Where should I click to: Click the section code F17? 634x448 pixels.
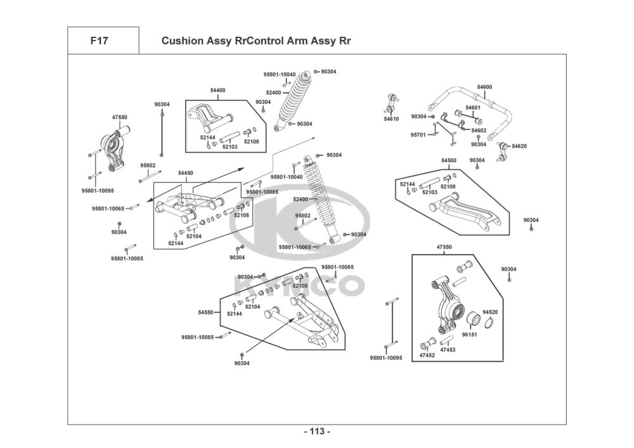pos(99,41)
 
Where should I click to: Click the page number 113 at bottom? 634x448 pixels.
pos(317,432)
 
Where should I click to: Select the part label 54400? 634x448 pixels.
pos(217,91)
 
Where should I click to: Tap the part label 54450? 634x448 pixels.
pos(186,172)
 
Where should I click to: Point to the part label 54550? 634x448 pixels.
pos(205,312)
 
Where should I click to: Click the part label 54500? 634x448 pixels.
pos(449,161)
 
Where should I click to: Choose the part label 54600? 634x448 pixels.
pos(484,87)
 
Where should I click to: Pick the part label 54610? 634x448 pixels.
pos(391,118)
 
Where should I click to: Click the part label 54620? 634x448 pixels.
pos(519,146)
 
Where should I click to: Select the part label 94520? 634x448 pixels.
pos(490,312)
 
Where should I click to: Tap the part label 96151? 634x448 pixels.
pos(469,334)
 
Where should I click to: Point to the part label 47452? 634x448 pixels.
pos(427,355)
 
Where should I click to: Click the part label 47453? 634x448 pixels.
pos(448,350)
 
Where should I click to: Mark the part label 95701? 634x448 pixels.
pos(418,134)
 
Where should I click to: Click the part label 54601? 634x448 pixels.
pos(473,108)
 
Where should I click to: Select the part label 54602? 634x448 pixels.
pos(479,131)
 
